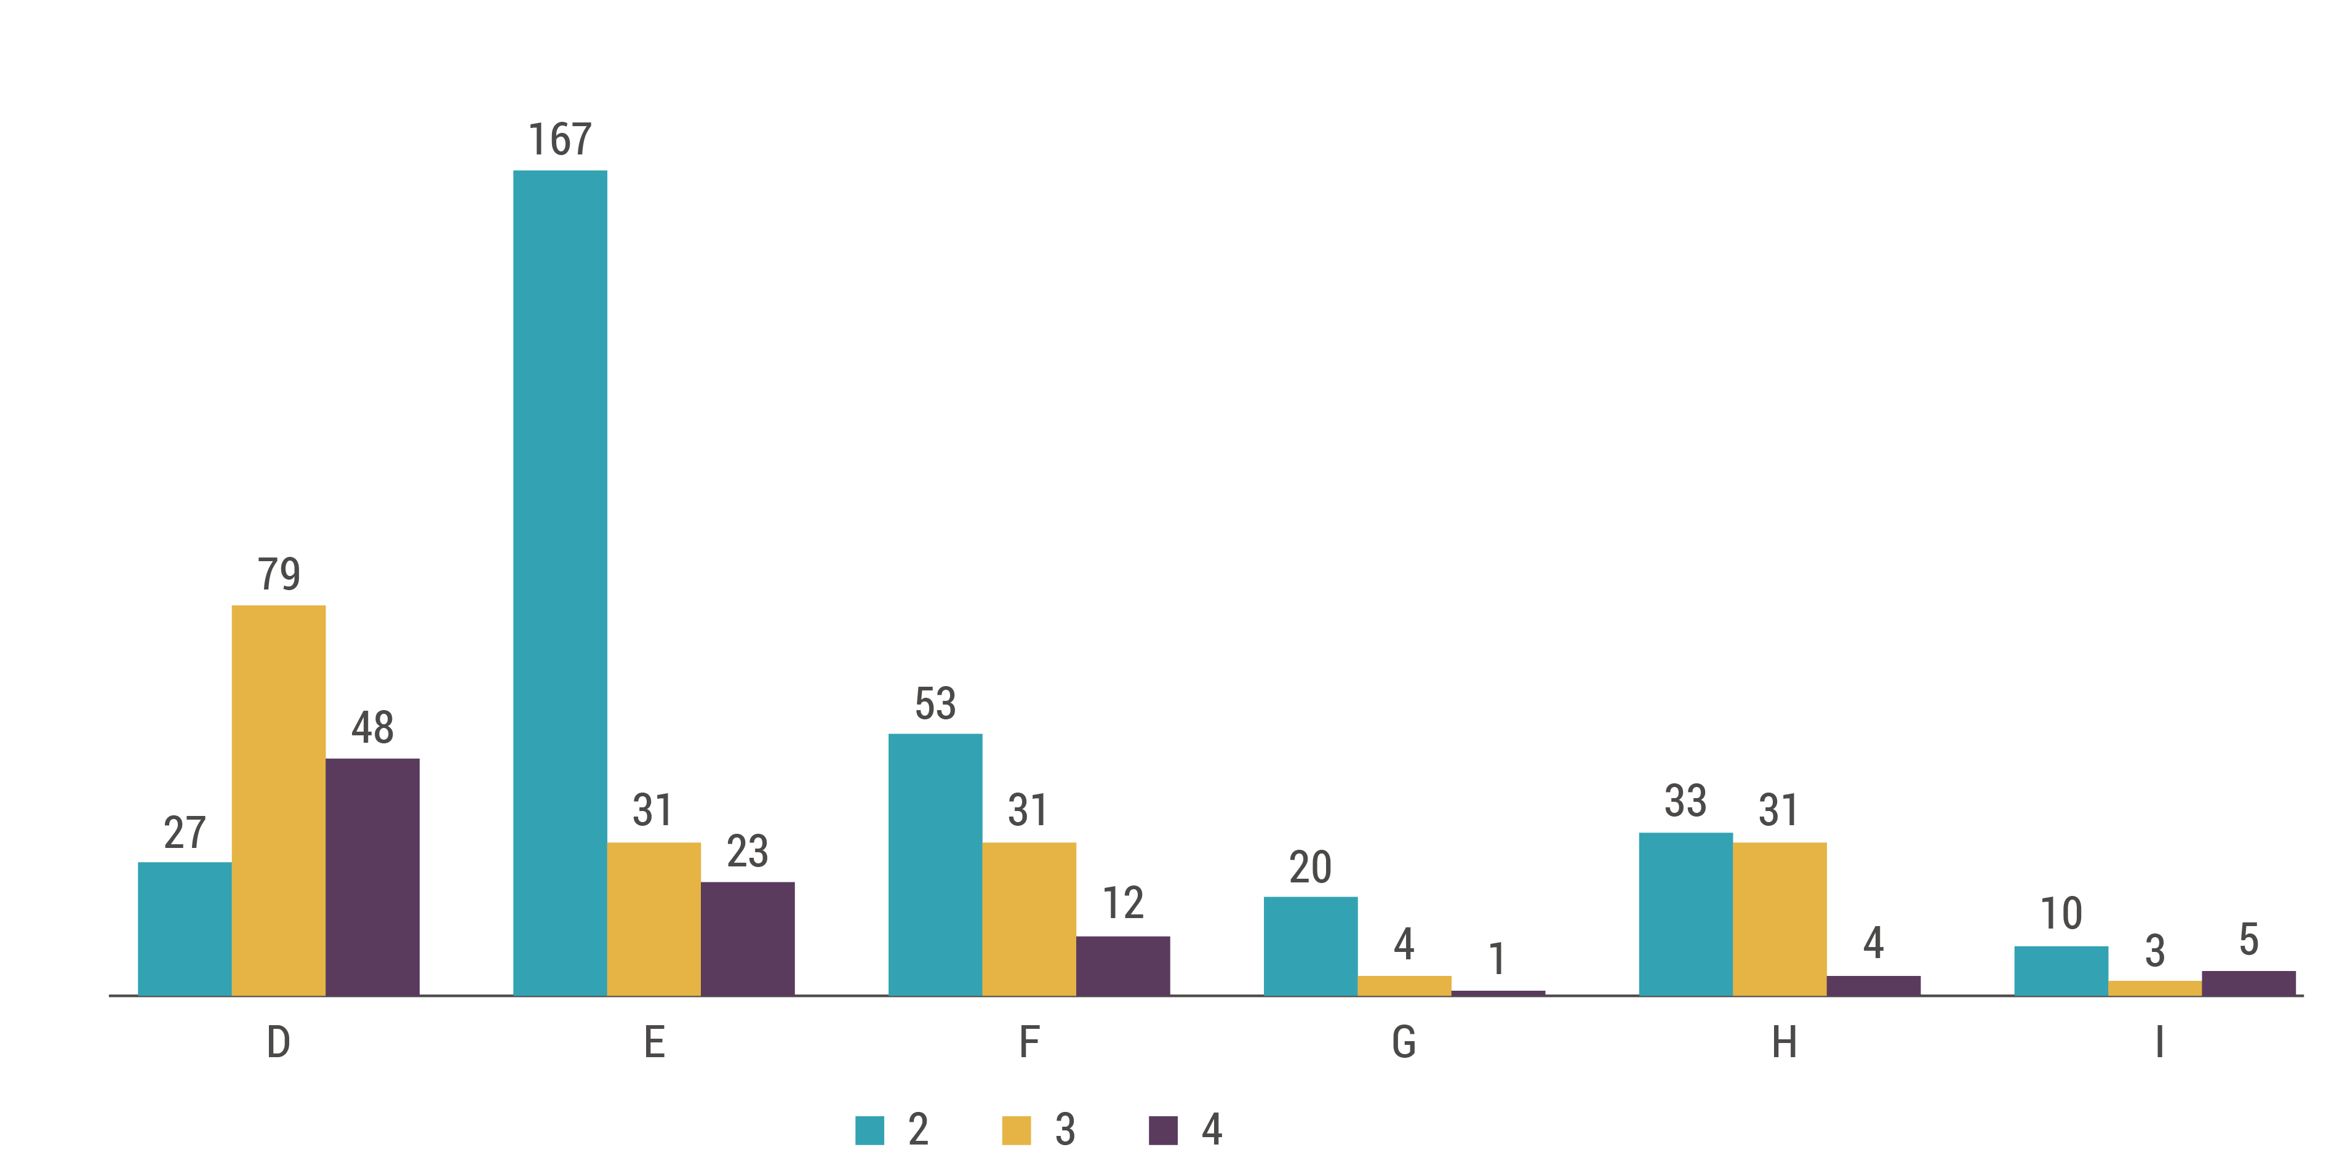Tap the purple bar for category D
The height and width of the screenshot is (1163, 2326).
372,877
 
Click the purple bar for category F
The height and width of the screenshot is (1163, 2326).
1122,965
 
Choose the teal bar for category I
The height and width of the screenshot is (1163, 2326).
2061,970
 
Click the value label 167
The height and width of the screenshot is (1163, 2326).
560,140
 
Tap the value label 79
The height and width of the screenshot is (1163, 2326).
278,574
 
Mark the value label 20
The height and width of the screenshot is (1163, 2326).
1310,868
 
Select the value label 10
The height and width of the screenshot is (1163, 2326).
2061,914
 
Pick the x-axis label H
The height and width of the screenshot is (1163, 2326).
1783,1043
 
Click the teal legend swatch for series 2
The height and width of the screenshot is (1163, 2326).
869,1130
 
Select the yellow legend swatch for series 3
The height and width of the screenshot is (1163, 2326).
1016,1130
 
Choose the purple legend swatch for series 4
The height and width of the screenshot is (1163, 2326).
1163,1130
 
